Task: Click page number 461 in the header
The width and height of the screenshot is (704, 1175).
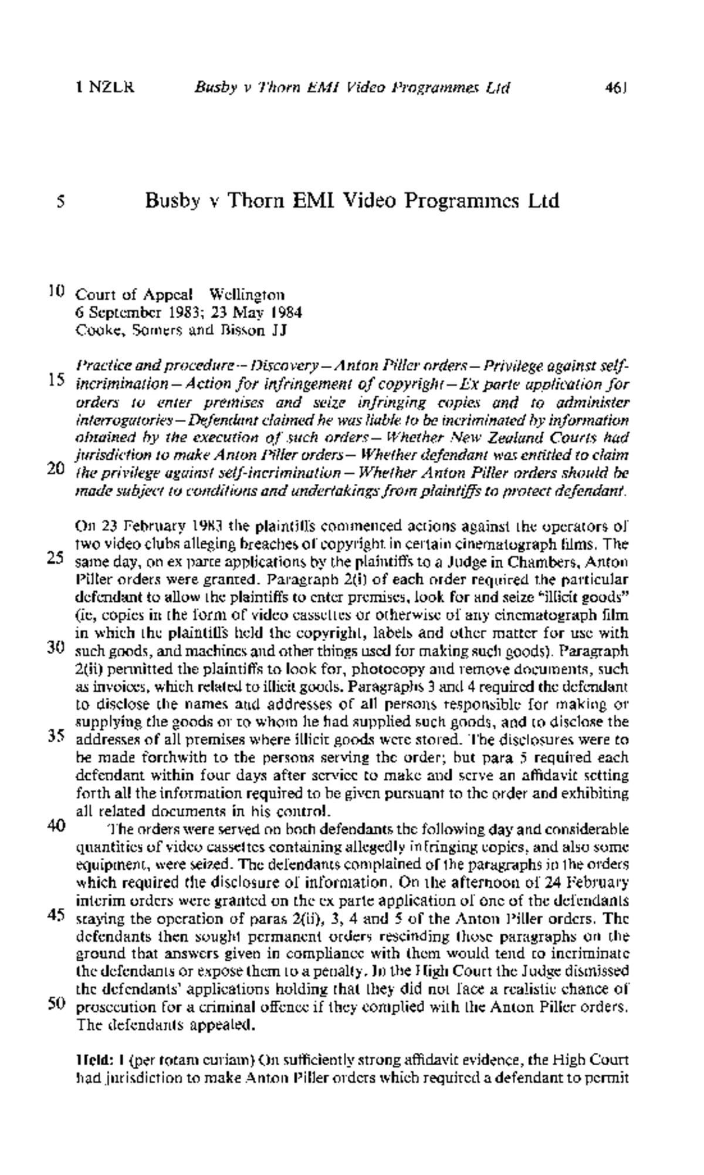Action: point(617,89)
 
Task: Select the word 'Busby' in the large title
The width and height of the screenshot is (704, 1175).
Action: point(173,201)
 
